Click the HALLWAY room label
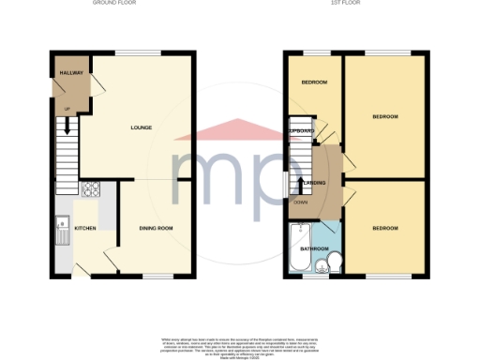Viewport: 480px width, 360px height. tap(71, 72)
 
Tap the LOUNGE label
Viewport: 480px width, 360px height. tap(142, 127)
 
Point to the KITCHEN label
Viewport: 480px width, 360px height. tap(84, 228)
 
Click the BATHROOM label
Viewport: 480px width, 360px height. tap(312, 248)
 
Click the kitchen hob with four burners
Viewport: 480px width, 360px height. tap(92, 188)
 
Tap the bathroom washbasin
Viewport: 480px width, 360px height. tap(321, 264)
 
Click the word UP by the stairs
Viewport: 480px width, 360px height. tap(67, 110)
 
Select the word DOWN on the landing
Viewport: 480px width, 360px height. tap(300, 202)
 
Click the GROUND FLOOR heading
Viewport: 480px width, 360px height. tap(117, 4)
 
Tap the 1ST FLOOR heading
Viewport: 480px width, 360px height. tap(354, 4)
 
